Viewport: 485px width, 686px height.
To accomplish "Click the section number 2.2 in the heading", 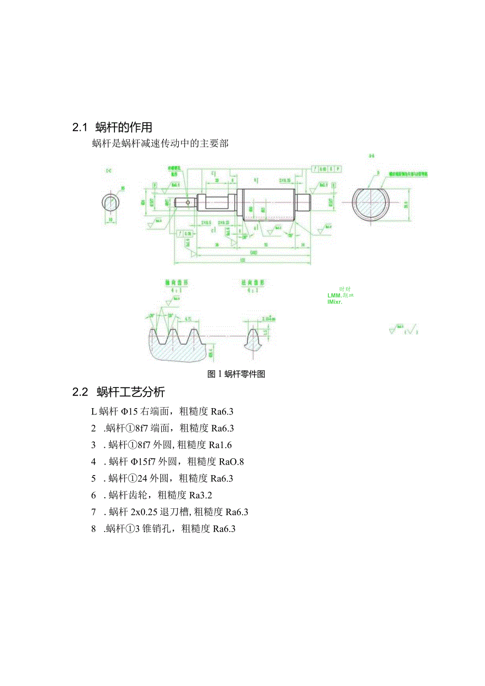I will click(80, 392).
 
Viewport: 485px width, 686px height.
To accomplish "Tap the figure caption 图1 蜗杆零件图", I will click(236, 374).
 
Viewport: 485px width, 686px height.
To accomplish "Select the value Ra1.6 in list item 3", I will click(221, 445).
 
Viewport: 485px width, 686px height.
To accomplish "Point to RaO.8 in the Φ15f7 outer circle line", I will click(231, 462).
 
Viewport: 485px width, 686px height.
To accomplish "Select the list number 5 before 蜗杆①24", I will click(93, 479).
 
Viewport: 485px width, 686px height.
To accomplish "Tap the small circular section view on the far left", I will click(111, 203).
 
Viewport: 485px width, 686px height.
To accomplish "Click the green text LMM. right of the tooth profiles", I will click(336, 295).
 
